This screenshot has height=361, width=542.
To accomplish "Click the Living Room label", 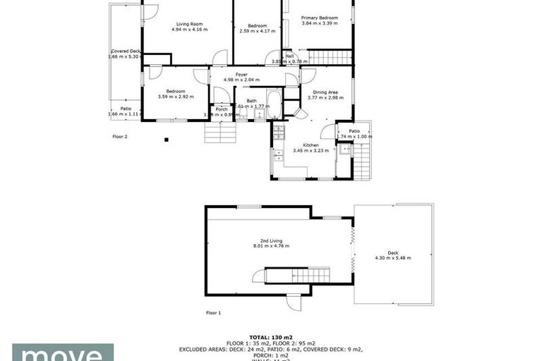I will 188,25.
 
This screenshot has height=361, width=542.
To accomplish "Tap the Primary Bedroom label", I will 317,18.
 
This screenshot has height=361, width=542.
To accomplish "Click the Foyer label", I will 241,74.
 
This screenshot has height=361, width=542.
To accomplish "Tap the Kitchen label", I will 301,145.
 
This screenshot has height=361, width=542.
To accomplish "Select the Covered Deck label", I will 126,51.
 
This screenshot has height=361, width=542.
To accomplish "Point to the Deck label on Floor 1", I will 392,252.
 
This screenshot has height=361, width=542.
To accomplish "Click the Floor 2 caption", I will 120,136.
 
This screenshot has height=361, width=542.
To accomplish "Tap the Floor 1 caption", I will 213,312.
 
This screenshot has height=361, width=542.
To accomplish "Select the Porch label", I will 222,109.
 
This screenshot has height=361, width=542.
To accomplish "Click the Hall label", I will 289,56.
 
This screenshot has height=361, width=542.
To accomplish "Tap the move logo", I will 62,353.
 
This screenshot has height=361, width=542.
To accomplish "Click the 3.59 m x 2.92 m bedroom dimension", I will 176,97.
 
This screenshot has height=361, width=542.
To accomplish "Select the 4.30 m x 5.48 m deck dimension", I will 392,258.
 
